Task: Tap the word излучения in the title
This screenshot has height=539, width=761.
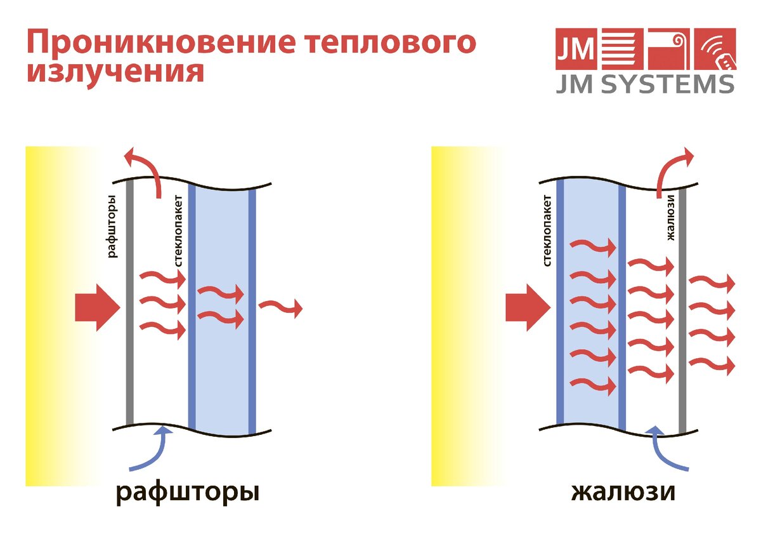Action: click(x=115, y=71)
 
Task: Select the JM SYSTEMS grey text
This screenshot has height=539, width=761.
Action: click(x=645, y=83)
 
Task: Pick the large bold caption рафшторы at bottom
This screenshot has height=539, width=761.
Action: click(x=188, y=493)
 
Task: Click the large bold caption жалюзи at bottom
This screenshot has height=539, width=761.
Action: click(x=623, y=493)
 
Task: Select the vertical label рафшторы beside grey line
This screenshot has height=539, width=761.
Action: click(x=113, y=226)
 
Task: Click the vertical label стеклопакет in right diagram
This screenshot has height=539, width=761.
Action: click(x=547, y=230)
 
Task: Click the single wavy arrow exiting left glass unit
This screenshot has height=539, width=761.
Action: click(x=280, y=307)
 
